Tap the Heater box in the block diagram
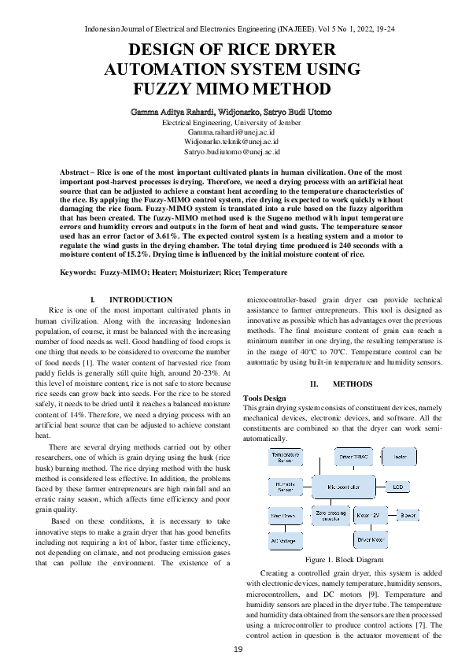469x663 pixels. pyautogui.click(x=400, y=456)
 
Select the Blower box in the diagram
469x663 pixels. pyautogui.click(x=408, y=516)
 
